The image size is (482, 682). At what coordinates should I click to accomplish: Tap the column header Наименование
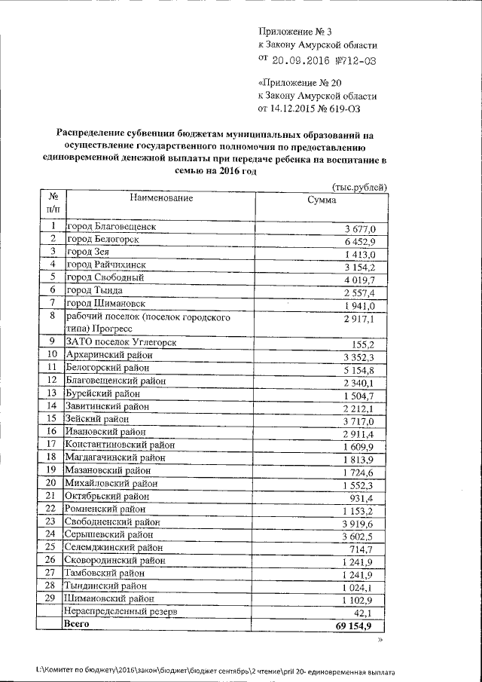click(x=161, y=198)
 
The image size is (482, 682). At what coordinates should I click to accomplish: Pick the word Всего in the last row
click(x=78, y=625)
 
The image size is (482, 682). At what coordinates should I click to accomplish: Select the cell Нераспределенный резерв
click(x=121, y=612)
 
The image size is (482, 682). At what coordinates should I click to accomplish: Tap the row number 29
click(x=52, y=598)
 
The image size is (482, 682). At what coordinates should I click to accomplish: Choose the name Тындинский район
click(x=105, y=586)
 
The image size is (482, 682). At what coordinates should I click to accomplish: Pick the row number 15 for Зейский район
click(x=52, y=418)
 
